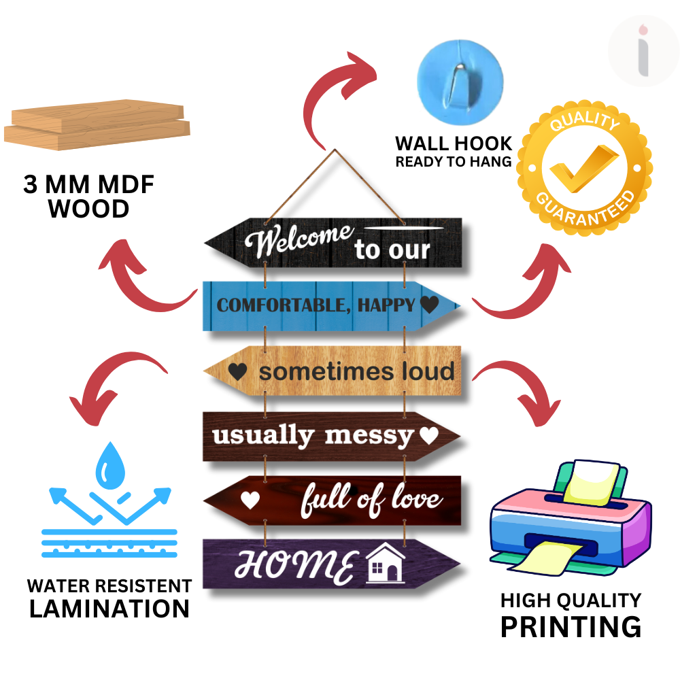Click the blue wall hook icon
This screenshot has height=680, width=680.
(460, 78)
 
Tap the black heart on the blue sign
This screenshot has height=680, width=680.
(429, 305)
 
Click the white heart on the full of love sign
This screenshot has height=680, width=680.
(250, 500)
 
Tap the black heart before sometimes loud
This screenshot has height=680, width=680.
(237, 372)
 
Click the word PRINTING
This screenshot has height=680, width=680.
(571, 626)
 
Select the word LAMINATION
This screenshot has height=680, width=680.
(109, 608)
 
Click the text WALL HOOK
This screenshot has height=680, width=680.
(454, 144)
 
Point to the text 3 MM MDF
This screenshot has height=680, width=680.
(88, 185)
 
